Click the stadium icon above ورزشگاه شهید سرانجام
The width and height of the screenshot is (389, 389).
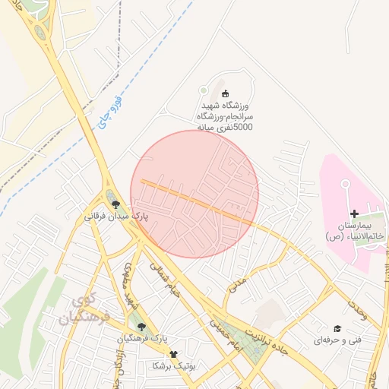224,93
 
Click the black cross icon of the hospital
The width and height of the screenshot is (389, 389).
354,213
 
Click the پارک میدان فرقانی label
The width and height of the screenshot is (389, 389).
116,217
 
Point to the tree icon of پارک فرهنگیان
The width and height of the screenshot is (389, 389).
141,326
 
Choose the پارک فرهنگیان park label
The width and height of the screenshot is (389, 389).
142,338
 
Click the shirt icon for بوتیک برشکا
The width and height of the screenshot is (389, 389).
174,354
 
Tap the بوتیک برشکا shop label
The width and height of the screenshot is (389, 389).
174,365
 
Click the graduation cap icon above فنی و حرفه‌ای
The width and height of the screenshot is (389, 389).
337,328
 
